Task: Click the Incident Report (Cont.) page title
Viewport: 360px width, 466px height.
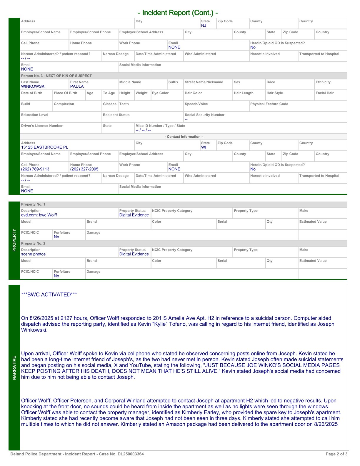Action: pyautogui.click(x=178, y=13)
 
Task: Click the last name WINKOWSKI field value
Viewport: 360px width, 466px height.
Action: pyautogui.click(x=33, y=86)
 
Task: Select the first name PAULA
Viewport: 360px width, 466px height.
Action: pyautogui.click(x=77, y=86)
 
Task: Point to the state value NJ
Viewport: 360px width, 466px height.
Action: pyautogui.click(x=204, y=26)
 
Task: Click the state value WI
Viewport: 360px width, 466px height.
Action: pyautogui.click(x=204, y=147)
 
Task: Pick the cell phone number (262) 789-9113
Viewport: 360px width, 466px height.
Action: pyautogui.click(x=35, y=169)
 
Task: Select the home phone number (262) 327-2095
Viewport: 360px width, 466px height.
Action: pyautogui.click(x=84, y=169)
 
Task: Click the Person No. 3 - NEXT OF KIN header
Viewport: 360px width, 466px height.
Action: pyautogui.click(x=56, y=76)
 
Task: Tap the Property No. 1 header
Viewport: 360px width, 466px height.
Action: pyautogui.click(x=33, y=204)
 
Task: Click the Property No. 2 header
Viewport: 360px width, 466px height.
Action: pyautogui.click(x=33, y=244)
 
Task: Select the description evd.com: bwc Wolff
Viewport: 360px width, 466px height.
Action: pyautogui.click(x=39, y=215)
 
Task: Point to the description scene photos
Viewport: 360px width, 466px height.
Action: pyautogui.click(x=33, y=254)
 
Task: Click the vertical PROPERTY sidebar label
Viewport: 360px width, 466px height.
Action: pyautogui.click(x=14, y=240)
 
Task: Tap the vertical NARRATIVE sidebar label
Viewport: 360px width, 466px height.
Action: pyautogui.click(x=14, y=368)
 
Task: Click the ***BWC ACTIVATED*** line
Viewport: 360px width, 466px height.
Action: pyautogui.click(x=49, y=295)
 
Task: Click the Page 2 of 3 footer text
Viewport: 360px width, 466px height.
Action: pyautogui.click(x=336, y=454)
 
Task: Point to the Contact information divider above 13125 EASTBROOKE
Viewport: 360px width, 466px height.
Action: pyautogui.click(x=184, y=137)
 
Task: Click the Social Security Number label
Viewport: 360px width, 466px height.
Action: pyautogui.click(x=204, y=115)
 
